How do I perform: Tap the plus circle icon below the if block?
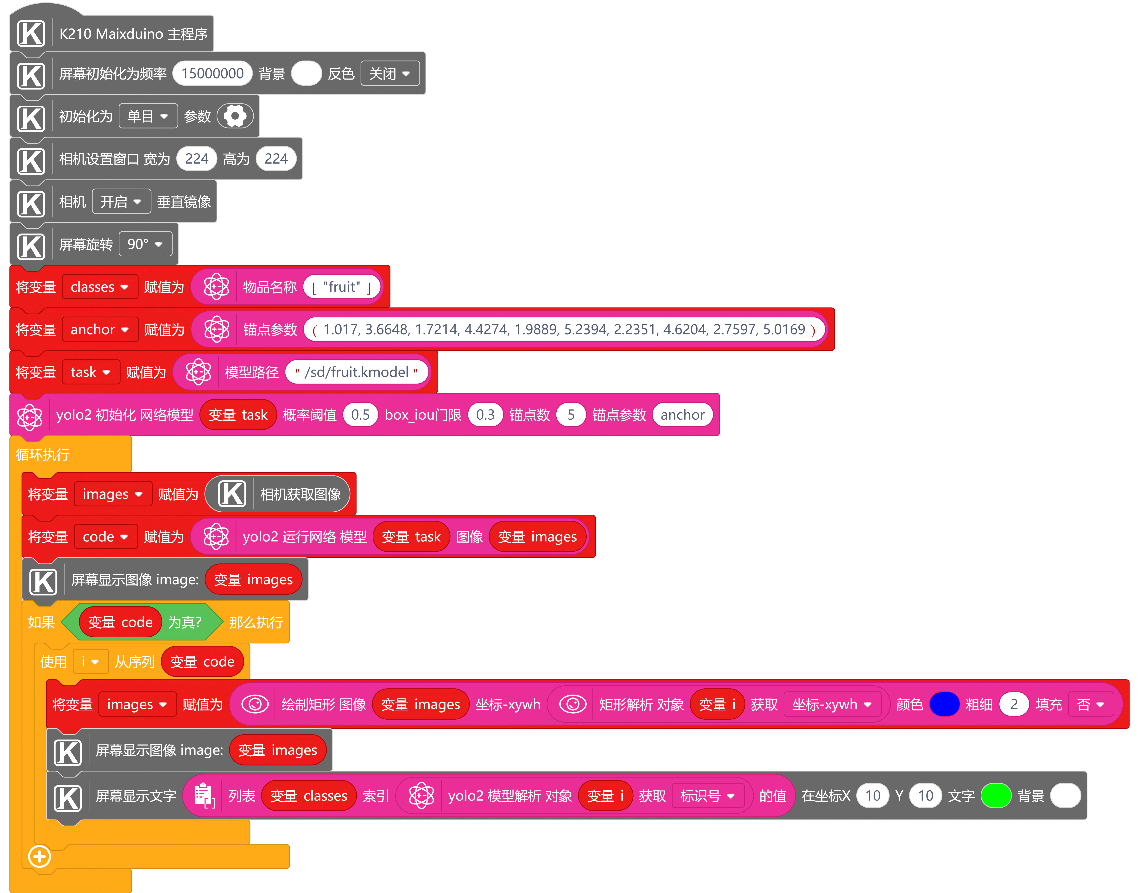[39, 856]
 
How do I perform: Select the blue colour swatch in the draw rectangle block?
[945, 704]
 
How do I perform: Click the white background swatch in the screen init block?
[307, 73]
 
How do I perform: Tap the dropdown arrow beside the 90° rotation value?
[158, 244]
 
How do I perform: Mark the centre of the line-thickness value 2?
[1014, 704]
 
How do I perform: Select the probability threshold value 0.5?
[360, 415]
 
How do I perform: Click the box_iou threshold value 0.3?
[485, 415]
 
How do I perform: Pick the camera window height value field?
[276, 158]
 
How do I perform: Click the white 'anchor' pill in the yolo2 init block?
[682, 415]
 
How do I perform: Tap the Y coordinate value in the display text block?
[926, 796]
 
